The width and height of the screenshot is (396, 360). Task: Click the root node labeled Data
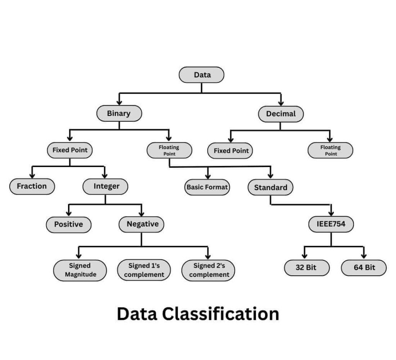coord(201,75)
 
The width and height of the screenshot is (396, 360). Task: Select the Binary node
coord(119,113)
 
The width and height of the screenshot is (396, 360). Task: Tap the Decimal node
coord(281,114)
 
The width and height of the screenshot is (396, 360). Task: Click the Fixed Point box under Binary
coord(70,150)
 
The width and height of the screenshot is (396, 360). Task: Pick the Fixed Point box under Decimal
coord(231,151)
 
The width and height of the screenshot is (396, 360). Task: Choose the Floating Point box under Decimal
coord(330,150)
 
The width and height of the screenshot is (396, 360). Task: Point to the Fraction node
coord(32,186)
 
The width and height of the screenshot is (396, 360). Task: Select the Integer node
coord(106,186)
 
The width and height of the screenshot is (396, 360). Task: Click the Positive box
coord(68,224)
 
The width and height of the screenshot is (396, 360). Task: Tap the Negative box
coord(142,224)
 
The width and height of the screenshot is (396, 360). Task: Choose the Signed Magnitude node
coord(80,270)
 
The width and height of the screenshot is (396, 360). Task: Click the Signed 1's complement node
coord(144,270)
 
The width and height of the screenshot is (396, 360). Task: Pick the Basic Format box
coord(207,187)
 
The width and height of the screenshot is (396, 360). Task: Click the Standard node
coord(270,188)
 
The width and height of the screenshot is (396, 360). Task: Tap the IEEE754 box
coord(331,224)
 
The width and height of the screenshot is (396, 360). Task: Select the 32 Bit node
coord(307,268)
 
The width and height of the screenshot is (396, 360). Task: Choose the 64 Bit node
coord(364,268)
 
